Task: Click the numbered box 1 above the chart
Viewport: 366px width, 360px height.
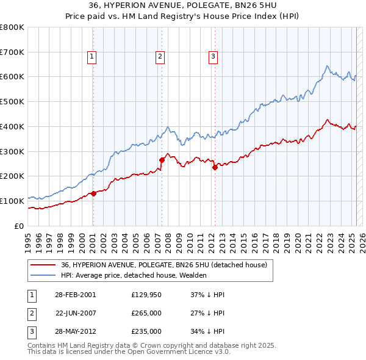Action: tap(92, 57)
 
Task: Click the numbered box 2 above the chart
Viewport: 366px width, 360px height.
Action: tap(160, 57)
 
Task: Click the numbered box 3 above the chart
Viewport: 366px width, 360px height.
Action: tap(213, 57)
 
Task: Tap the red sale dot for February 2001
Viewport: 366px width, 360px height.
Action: tap(93, 193)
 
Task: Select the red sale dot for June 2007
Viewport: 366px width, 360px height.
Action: tap(162, 160)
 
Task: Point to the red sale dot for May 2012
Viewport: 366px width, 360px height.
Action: tap(215, 167)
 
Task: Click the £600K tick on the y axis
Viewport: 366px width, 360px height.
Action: tap(12, 77)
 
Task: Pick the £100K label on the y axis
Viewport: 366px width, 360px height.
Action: tap(12, 201)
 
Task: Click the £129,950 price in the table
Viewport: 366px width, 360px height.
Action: tap(146, 295)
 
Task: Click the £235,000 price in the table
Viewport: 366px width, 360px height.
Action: tap(146, 331)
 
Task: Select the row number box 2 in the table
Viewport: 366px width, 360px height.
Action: tap(30, 313)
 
